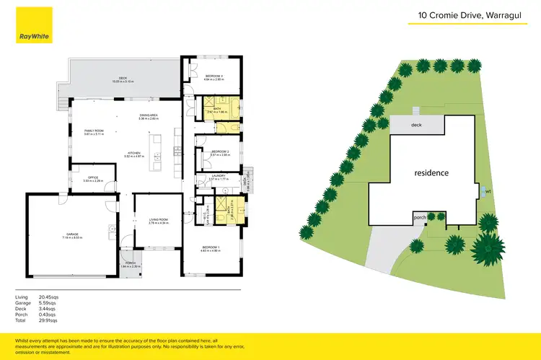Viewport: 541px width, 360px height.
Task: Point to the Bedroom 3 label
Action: pos(214,76)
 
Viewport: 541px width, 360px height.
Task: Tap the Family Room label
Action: pos(94,130)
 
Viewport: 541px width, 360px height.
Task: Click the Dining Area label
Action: pos(149,115)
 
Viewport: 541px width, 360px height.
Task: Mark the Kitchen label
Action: pos(134,152)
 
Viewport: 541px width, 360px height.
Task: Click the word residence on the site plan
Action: pos(431,172)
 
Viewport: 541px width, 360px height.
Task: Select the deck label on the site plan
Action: pos(416,125)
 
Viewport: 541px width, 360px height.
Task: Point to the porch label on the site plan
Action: pos(418,216)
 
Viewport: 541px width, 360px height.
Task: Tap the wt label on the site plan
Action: pos(488,191)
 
